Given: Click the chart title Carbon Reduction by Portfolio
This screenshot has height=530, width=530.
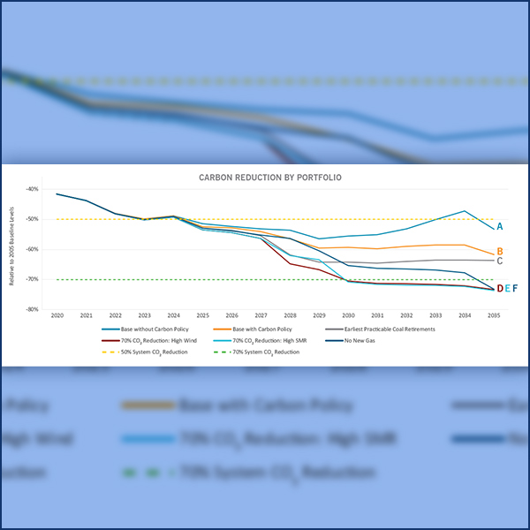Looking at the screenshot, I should point(269,178).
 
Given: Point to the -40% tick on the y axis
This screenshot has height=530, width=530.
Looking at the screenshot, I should point(33,189).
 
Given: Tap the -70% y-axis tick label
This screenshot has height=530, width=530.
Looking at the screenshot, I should point(33,279).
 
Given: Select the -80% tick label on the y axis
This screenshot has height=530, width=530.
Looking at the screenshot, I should point(33,309).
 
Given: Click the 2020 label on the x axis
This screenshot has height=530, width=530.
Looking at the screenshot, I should point(57,315).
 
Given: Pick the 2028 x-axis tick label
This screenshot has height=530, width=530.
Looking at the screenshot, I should point(290,315).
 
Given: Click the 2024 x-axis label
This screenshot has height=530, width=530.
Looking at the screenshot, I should point(174,315).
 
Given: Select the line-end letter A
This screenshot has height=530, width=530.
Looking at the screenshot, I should point(500,227).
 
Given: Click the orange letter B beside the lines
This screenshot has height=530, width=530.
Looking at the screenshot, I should point(500,252).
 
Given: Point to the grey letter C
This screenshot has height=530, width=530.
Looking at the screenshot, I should point(500,261).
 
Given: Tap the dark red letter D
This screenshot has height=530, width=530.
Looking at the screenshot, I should point(499,289).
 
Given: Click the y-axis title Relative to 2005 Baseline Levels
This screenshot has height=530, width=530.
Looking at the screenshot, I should point(10,249).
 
